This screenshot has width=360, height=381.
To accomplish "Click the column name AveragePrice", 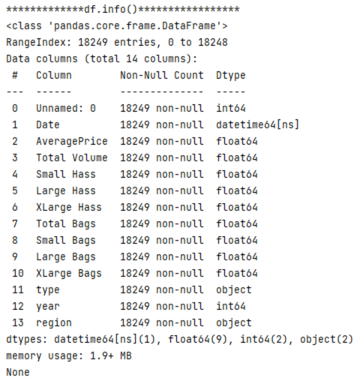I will click(71, 142).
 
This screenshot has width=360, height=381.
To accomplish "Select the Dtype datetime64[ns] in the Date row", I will click(257, 125).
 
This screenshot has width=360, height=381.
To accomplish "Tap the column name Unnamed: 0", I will click(65, 109).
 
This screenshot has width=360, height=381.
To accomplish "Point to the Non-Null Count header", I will click(161, 76).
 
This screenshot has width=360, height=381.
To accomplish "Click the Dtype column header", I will click(230, 76).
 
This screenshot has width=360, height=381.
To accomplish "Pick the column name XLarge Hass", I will click(68, 207).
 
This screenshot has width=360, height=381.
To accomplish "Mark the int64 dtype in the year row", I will click(230, 306).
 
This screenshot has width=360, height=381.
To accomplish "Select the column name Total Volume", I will click(71, 158).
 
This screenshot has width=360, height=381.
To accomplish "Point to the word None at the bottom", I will click(17, 372).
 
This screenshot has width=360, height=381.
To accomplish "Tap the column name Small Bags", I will click(65, 240).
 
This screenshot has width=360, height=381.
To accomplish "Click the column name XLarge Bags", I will click(68, 273).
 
